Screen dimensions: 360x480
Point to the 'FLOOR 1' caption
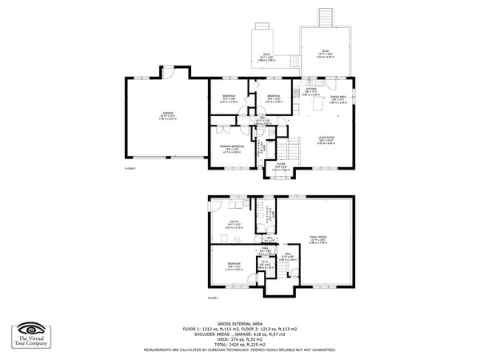[x=213, y=298]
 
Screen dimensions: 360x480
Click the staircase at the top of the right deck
[x=326, y=17]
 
